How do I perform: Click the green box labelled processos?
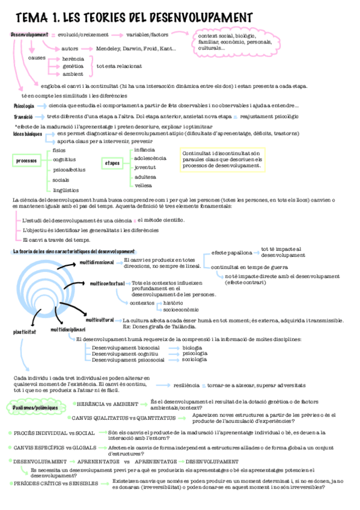coord(26,161)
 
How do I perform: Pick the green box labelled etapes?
coord(112,163)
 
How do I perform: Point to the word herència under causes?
coord(73,58)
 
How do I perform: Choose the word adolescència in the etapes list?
coord(150,158)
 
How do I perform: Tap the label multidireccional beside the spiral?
coord(97,262)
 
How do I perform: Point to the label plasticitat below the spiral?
coord(25,331)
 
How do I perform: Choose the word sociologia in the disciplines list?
coord(194,359)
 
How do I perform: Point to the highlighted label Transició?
coord(22,116)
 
